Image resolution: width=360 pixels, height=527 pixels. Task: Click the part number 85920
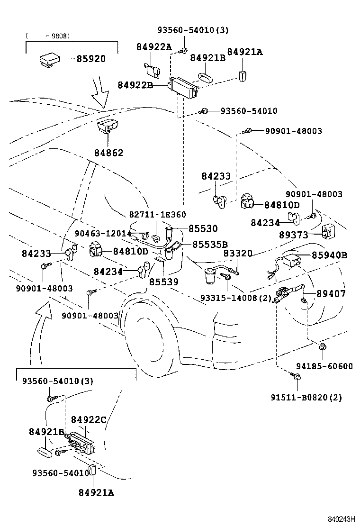pos(91,59)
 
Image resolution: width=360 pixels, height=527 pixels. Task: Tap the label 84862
pos(108,153)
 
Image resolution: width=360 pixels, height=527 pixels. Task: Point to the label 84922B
pos(135,85)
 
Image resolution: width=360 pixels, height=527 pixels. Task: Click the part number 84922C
pos(88,420)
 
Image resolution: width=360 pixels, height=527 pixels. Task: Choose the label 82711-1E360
pos(157,215)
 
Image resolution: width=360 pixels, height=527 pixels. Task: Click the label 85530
pos(203,228)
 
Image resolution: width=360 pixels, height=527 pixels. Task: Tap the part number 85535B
pos(210,244)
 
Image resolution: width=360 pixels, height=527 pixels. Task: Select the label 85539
pos(163,282)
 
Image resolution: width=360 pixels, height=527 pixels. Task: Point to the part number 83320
pos(238,254)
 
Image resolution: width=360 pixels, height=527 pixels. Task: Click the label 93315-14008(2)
pos(235,298)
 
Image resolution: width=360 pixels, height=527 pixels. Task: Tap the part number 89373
pos(293,235)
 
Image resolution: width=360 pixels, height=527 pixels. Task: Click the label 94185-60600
pos(324,366)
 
